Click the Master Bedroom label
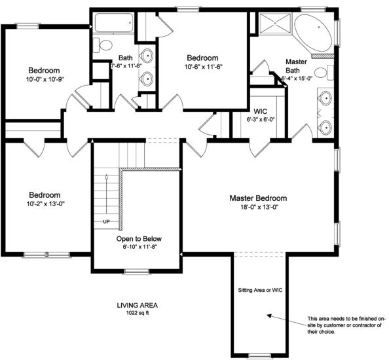(258, 198)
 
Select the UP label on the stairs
(106, 222)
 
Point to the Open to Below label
(139, 239)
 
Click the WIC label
(260, 111)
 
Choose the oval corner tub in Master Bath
(313, 33)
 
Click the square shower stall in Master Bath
(275, 23)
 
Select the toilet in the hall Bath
(103, 45)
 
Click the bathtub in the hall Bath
(114, 23)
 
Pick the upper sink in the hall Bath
(147, 55)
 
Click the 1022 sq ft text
(138, 313)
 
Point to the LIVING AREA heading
(137, 306)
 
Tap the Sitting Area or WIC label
(260, 290)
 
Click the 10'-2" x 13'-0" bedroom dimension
(46, 204)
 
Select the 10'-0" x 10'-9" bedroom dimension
(45, 79)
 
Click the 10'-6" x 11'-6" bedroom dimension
(203, 67)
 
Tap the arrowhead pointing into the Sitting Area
(269, 316)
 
